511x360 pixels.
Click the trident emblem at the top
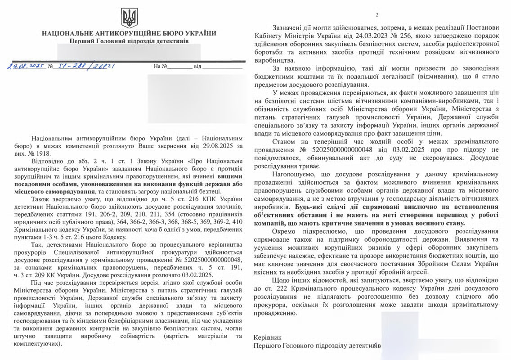pyautogui.click(x=129, y=18)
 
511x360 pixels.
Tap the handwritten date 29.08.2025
pyautogui.click(x=26, y=66)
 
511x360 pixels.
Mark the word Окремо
pyautogui.click(x=285, y=231)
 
